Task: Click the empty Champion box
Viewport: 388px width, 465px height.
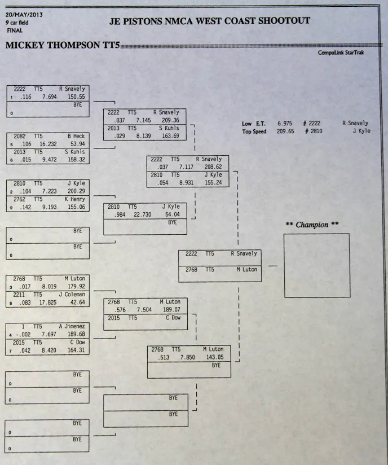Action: click(x=316, y=265)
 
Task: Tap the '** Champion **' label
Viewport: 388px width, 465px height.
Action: click(x=312, y=225)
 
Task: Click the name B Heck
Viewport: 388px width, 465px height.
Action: click(x=76, y=136)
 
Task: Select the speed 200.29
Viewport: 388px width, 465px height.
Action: click(x=75, y=192)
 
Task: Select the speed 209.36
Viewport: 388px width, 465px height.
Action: click(x=170, y=120)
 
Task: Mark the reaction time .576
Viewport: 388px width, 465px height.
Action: click(x=118, y=310)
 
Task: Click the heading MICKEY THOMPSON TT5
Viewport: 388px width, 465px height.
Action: click(x=62, y=46)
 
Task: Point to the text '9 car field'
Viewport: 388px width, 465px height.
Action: click(x=17, y=23)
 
